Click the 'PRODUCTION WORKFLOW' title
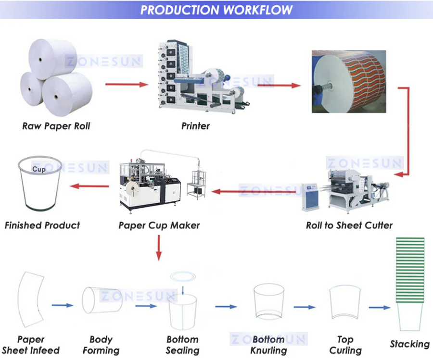click(x=216, y=10)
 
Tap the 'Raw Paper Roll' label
click(x=56, y=126)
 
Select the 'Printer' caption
click(x=195, y=126)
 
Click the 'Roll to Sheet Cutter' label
click(x=349, y=225)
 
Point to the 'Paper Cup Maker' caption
click(x=159, y=225)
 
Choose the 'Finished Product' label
click(x=42, y=225)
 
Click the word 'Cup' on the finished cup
click(x=39, y=169)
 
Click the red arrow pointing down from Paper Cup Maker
click(x=159, y=248)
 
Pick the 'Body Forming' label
click(x=101, y=345)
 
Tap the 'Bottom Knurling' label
click(x=268, y=345)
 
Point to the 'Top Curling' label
click(x=345, y=345)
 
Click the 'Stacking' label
click(x=409, y=344)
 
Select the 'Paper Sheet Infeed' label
click(x=31, y=345)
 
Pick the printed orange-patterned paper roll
click(x=349, y=81)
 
